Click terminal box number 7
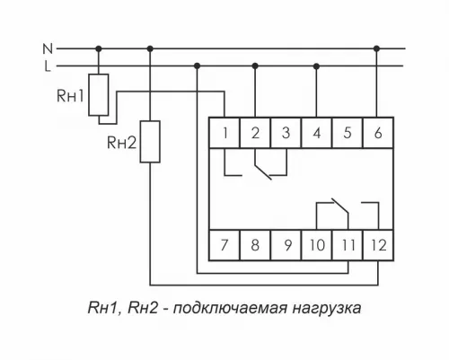(224, 243)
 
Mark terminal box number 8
(255, 243)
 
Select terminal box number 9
(286, 243)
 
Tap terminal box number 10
(316, 243)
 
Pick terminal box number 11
(347, 243)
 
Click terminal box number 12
(377, 243)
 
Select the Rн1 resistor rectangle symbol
(101, 94)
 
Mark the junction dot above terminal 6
(377, 48)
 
